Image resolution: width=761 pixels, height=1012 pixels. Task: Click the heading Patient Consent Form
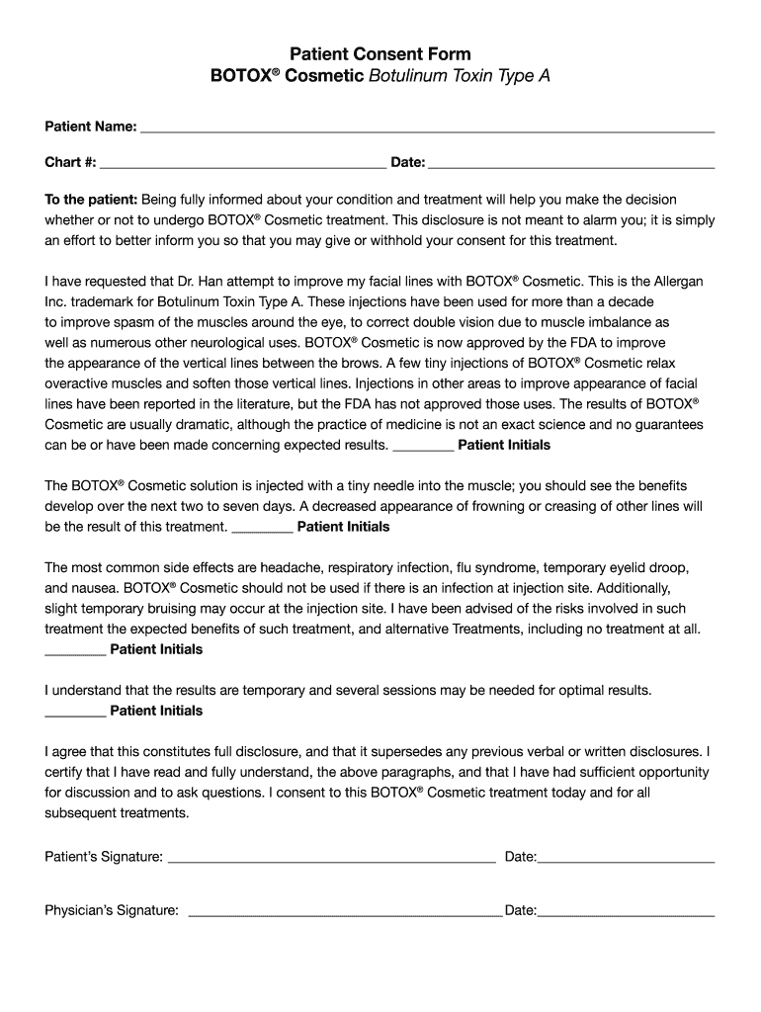(380, 53)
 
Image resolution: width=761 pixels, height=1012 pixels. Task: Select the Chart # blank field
(243, 163)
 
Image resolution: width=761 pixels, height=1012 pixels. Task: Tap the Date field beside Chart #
(571, 163)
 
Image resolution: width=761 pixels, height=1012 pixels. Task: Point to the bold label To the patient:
(92, 199)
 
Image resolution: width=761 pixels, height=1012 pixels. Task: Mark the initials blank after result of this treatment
(262, 528)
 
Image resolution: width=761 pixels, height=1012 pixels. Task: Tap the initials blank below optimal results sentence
(76, 713)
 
